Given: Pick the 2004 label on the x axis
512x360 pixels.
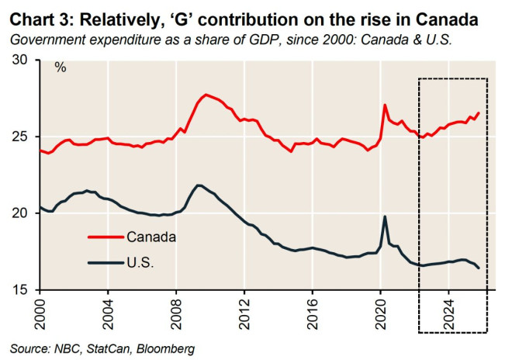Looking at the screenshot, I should pos(109,310).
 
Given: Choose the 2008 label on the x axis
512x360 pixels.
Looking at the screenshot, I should pos(176,310).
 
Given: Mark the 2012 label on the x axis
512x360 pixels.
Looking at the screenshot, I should pos(244,310).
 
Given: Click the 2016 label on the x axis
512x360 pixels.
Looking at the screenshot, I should pos(313,310).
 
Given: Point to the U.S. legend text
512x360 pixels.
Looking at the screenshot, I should pos(141,263).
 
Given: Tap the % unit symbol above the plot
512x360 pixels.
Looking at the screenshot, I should pos(60,67).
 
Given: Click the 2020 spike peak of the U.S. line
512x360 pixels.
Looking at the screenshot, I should pos(385,216).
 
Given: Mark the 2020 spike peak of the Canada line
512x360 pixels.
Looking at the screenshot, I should pos(385,105).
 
